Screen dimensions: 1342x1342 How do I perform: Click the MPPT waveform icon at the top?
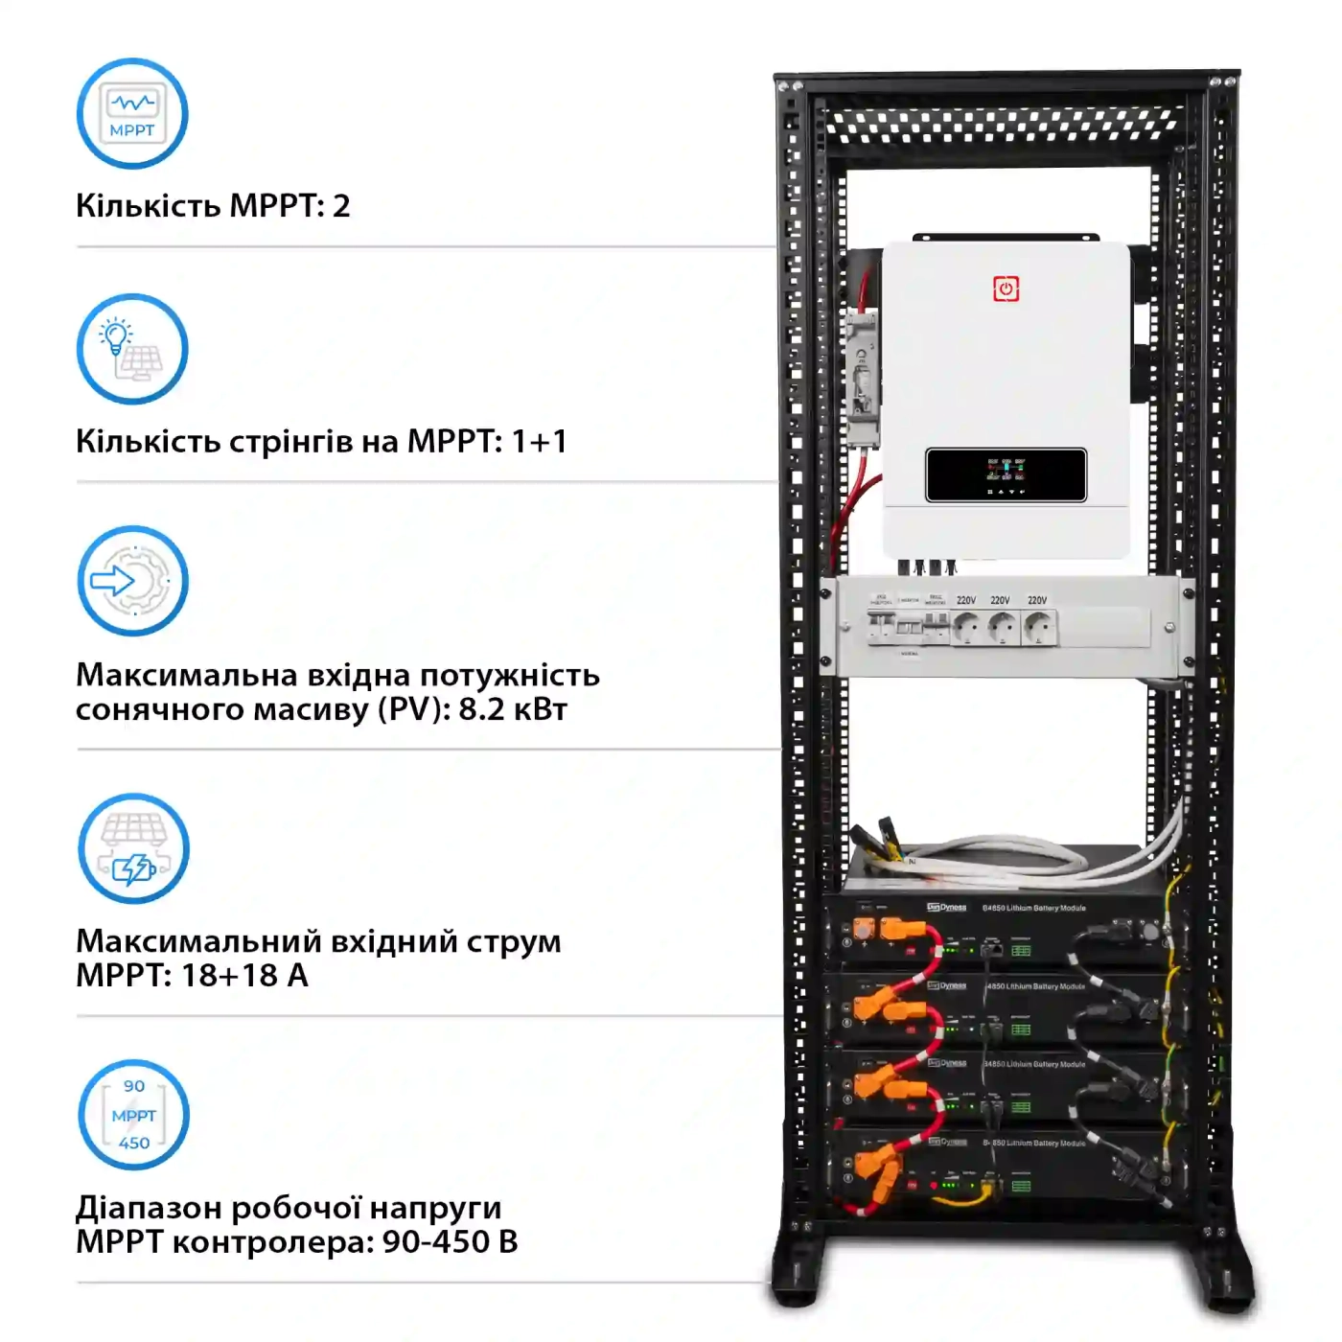(x=132, y=114)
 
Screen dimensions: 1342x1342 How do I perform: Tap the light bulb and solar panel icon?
(x=132, y=349)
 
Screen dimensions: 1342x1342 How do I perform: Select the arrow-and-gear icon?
(x=132, y=581)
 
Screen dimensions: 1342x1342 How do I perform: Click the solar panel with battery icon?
(x=133, y=848)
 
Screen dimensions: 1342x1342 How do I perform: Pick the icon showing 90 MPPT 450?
(x=133, y=1115)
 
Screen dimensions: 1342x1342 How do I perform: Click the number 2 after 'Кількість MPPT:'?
(x=341, y=206)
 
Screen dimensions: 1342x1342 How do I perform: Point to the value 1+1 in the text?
(x=539, y=441)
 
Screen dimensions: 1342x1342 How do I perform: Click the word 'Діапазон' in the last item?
(x=148, y=1208)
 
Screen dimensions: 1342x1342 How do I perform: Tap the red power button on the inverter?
(x=1006, y=289)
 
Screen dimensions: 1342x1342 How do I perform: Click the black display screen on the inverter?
(x=1006, y=474)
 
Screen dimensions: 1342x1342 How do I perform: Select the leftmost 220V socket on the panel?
(x=967, y=629)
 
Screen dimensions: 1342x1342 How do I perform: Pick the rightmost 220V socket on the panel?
(x=1038, y=629)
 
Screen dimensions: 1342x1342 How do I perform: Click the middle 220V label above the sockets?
(x=1000, y=600)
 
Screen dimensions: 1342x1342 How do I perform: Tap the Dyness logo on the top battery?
(x=947, y=907)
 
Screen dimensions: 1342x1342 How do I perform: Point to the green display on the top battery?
(x=1021, y=951)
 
